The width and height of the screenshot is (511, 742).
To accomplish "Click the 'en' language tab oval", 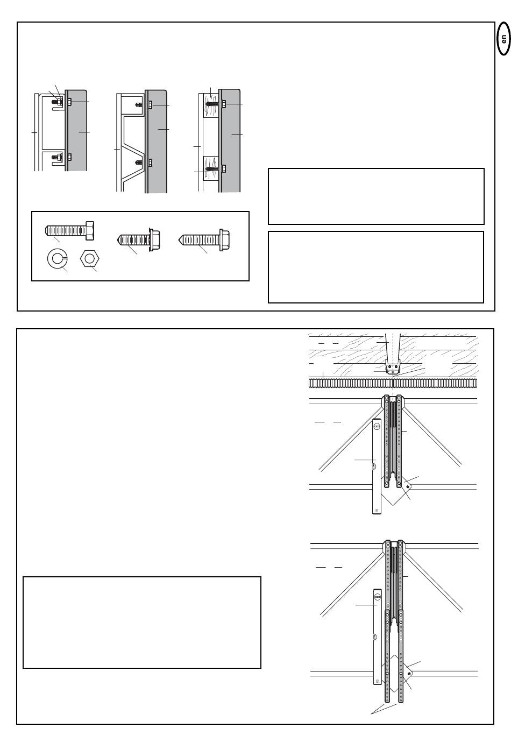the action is pyautogui.click(x=503, y=38).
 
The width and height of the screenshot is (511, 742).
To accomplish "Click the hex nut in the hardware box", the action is pyautogui.click(x=89, y=259).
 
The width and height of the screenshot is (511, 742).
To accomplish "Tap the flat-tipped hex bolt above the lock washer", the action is pyautogui.click(x=69, y=230).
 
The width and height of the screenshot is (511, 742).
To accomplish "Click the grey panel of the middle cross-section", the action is pyautogui.click(x=156, y=141).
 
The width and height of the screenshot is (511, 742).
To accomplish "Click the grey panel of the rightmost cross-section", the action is pyautogui.click(x=230, y=140).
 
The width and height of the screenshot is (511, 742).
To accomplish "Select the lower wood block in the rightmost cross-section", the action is pyautogui.click(x=210, y=168).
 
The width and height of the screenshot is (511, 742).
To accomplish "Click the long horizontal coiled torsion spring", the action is pyautogui.click(x=393, y=383).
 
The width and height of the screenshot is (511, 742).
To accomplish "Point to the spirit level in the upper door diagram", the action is pyautogui.click(x=377, y=467).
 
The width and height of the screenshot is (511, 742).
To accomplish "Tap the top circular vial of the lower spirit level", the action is pyautogui.click(x=378, y=597).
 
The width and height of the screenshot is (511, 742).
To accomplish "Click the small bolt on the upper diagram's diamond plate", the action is pyautogui.click(x=407, y=487).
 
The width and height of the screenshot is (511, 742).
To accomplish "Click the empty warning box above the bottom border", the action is pyautogui.click(x=142, y=623).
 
